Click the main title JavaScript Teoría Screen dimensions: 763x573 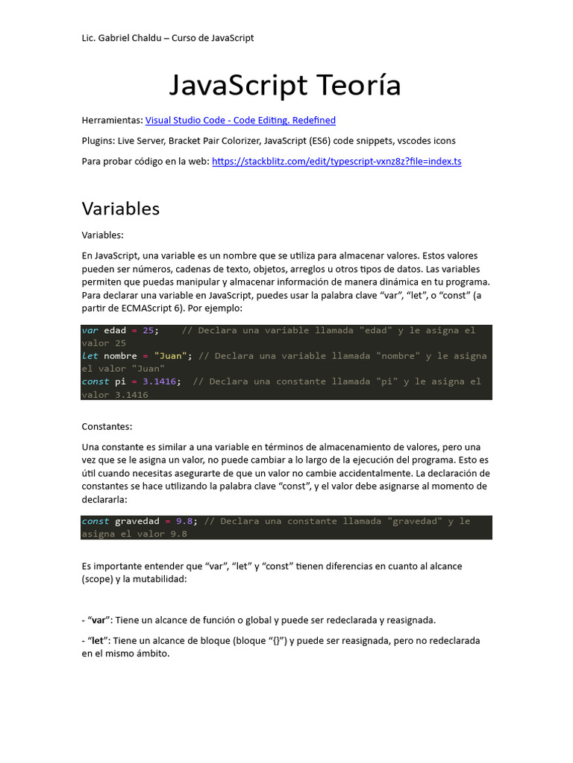(x=285, y=85)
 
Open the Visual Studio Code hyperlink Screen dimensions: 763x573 (x=240, y=120)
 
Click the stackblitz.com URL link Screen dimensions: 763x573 (x=336, y=161)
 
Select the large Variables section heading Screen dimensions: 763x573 (x=121, y=209)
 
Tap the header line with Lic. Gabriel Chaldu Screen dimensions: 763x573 (x=168, y=38)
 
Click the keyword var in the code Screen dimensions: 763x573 (x=90, y=330)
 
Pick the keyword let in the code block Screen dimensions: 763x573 (x=90, y=355)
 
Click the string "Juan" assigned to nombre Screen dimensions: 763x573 (x=169, y=355)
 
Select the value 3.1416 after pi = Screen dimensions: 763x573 (x=159, y=381)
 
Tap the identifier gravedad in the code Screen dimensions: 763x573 (x=137, y=521)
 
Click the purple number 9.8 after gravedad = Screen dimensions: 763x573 (x=184, y=521)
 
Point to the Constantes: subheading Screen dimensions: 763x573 (x=106, y=426)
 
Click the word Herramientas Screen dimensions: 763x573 (x=112, y=120)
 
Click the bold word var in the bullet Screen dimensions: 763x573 (x=99, y=620)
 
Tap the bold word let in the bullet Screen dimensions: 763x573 (x=98, y=640)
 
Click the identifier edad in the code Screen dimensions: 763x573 (x=115, y=330)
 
